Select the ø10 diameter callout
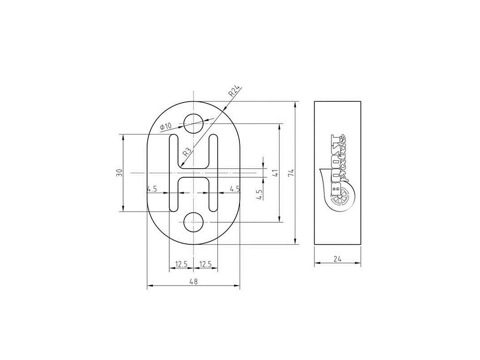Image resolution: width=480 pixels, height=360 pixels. [166, 127]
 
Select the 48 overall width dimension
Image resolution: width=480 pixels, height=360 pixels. [194, 281]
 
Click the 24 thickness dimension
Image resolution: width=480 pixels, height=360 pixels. [337, 259]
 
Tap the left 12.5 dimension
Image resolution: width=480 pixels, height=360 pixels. [181, 263]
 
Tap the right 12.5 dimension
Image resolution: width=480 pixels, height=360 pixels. [205, 263]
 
